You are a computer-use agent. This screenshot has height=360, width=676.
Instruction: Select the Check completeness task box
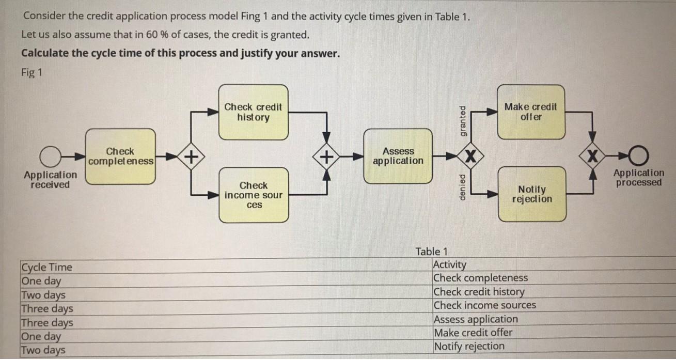(x=120, y=156)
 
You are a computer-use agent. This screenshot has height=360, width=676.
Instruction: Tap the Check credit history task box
(x=253, y=112)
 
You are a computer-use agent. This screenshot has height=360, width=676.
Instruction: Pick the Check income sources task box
(x=253, y=195)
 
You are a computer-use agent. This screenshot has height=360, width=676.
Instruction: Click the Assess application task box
(x=398, y=156)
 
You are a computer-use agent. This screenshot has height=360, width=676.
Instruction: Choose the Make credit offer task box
(x=531, y=112)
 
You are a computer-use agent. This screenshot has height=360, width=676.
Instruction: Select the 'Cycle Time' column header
(x=46, y=267)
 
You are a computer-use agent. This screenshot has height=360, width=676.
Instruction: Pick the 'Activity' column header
(x=449, y=264)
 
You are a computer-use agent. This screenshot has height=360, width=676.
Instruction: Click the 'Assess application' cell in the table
(x=475, y=319)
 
